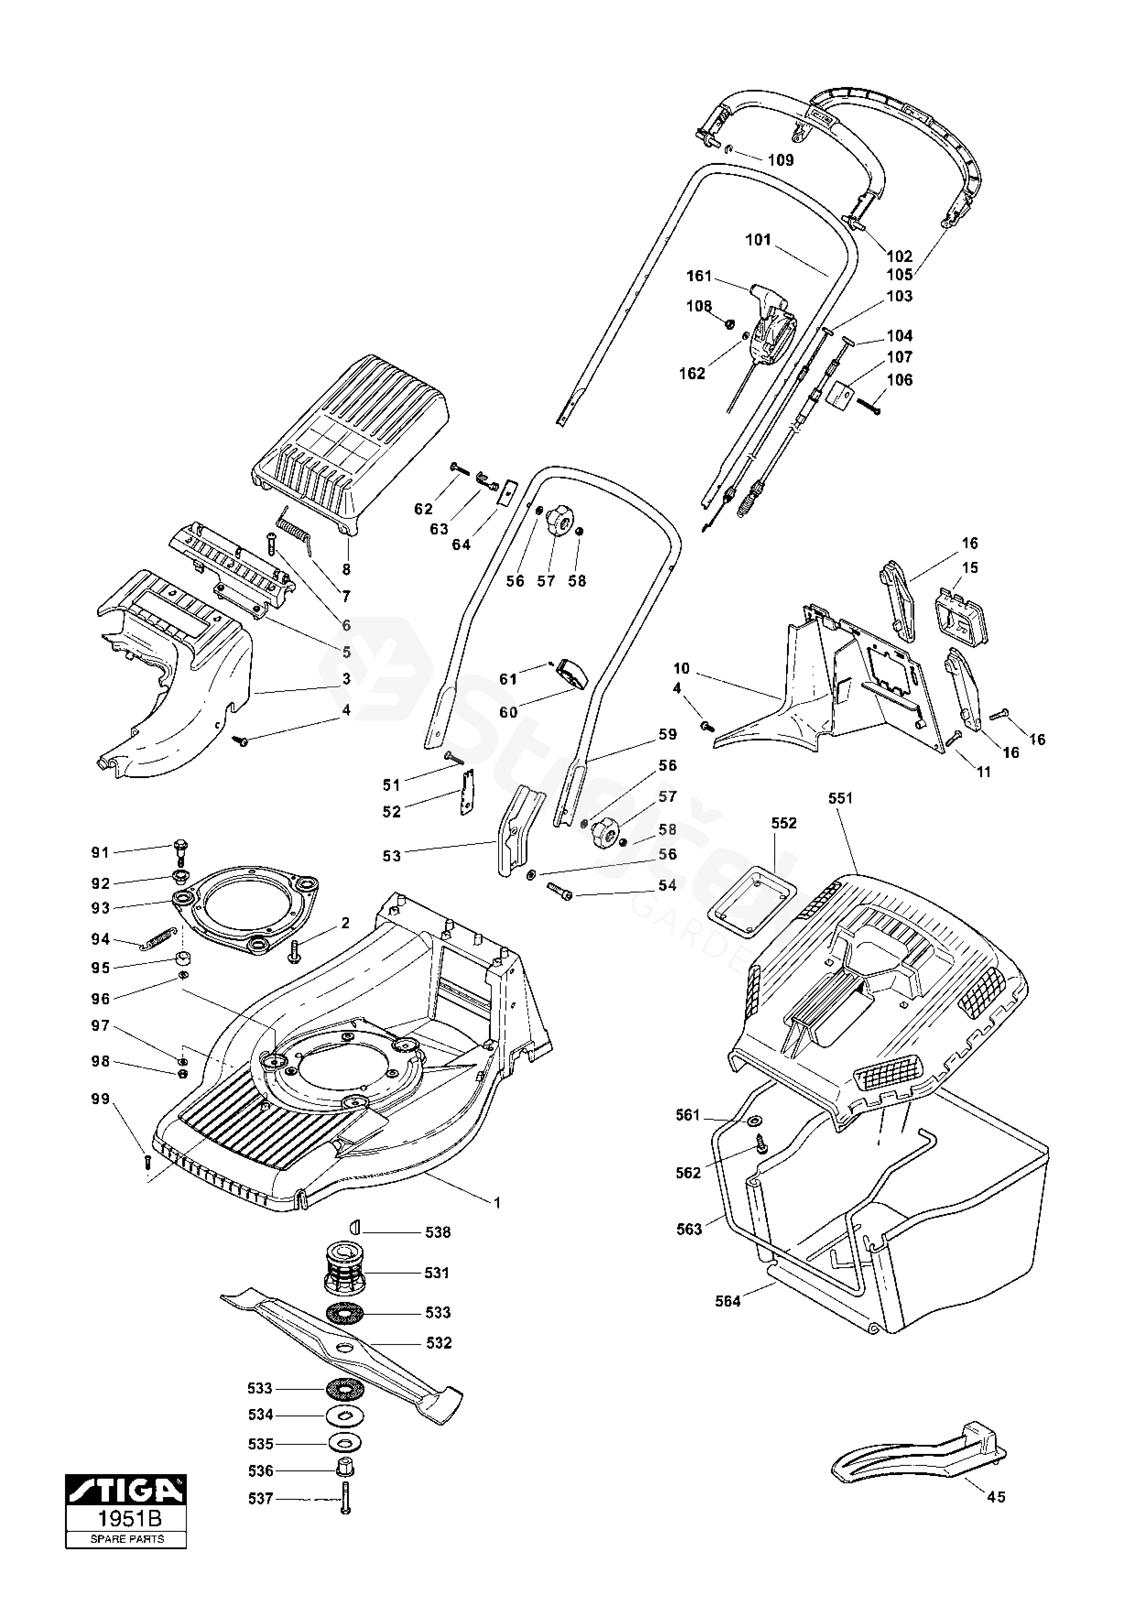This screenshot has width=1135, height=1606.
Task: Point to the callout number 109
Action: pos(781,160)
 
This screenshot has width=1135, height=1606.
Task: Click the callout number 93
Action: pos(101,908)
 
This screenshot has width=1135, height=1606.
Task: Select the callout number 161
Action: pos(699,276)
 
